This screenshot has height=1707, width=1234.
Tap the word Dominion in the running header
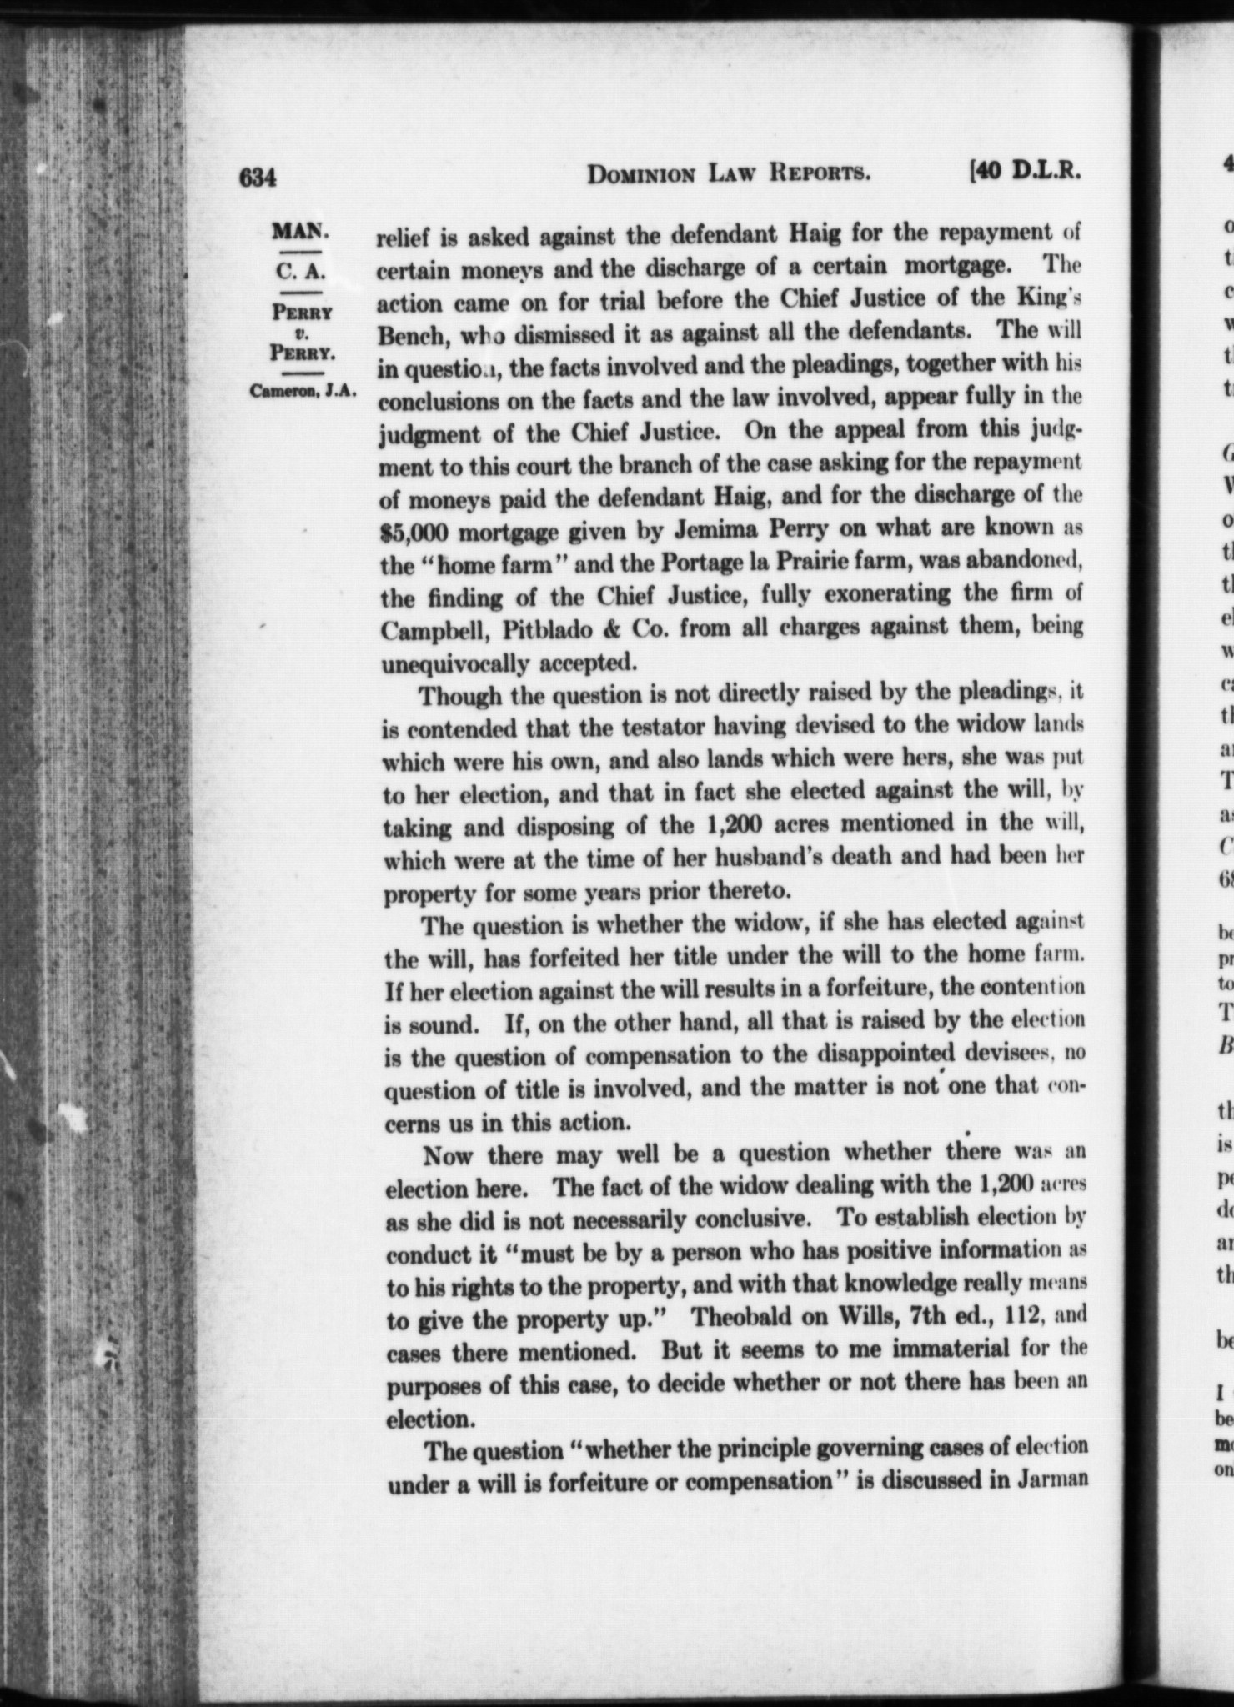tap(642, 174)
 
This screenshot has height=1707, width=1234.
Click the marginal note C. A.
tap(303, 272)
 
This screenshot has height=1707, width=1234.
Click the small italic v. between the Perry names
tap(302, 334)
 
